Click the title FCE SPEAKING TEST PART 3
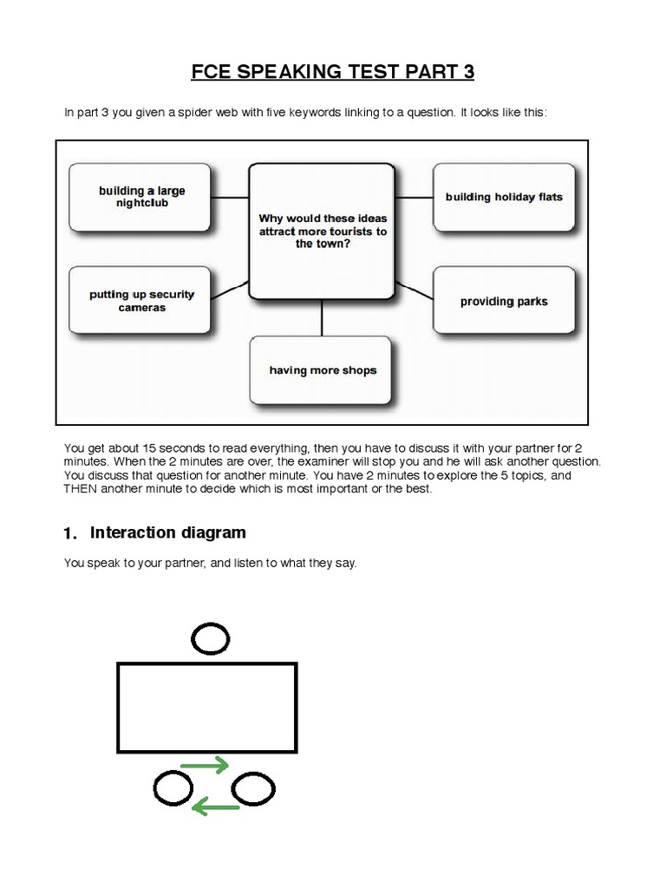tap(333, 72)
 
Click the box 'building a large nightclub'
tap(140, 197)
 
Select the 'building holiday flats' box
tap(504, 197)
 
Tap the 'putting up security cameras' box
tap(140, 300)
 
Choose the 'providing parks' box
tap(504, 302)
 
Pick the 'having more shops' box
tap(323, 370)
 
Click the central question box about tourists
tap(323, 231)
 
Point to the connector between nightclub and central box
tap(230, 197)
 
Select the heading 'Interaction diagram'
tap(168, 532)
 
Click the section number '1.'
tap(72, 533)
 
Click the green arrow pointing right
tap(204, 765)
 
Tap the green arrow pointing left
tap(215, 808)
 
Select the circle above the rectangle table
tap(211, 640)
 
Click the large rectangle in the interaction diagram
tap(207, 707)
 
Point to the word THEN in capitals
tap(83, 488)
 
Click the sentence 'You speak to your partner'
tap(210, 563)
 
